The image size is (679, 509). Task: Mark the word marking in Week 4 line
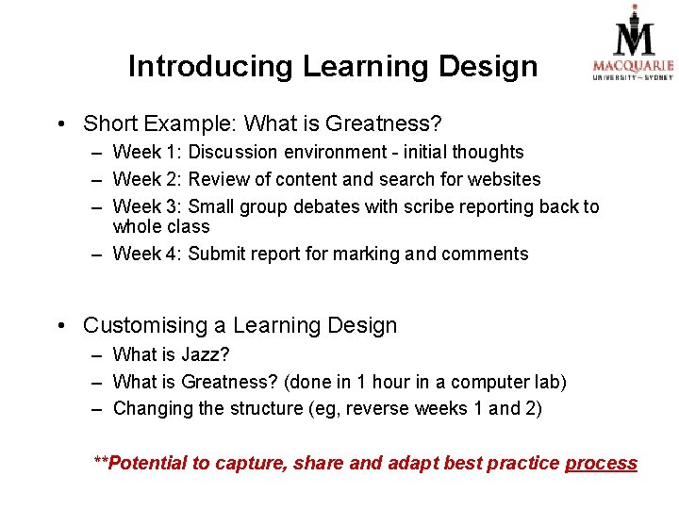pyautogui.click(x=379, y=254)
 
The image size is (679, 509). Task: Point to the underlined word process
pyautogui.click(x=601, y=463)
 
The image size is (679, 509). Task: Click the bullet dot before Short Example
pyautogui.click(x=61, y=124)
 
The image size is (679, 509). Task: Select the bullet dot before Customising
pyautogui.click(x=61, y=327)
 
